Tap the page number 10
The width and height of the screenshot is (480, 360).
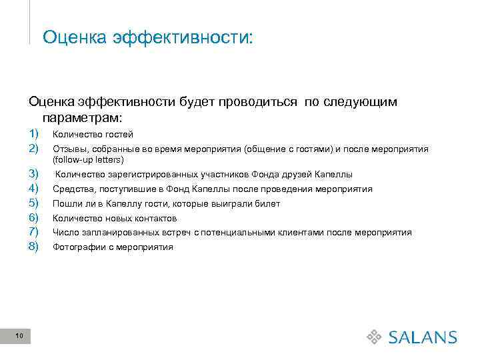(18, 336)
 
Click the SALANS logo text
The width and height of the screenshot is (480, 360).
(423, 337)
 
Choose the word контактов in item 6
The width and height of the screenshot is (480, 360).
(153, 218)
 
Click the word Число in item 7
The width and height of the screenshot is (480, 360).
(65, 233)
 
